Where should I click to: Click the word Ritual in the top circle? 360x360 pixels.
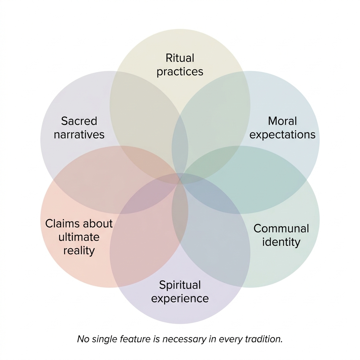180,58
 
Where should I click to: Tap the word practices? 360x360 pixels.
180,72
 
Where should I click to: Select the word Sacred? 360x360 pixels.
79,121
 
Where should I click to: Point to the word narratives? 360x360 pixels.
79,135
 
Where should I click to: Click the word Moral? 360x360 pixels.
282,121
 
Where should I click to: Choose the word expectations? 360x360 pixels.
282,135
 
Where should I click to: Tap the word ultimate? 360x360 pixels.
79,237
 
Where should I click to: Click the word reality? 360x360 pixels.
79,251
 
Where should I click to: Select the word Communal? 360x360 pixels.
281,229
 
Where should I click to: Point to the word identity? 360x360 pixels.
281,242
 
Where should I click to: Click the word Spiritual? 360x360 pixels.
180,285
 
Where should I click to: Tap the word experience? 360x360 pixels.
180,299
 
